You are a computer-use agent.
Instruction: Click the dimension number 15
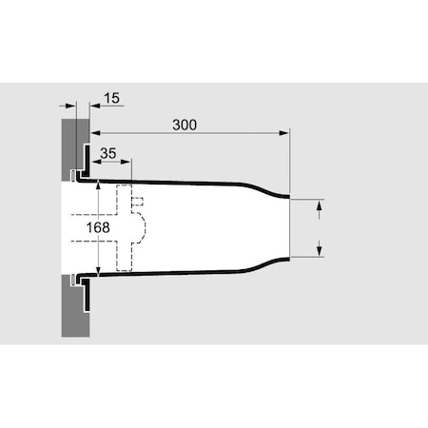111,98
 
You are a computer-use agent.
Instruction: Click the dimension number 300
185,125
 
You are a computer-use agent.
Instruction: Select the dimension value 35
108,153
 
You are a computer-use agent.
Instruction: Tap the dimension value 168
98,227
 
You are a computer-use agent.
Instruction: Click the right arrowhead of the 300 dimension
284,133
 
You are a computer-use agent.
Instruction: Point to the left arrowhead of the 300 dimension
96,133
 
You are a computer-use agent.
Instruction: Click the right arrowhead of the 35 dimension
126,162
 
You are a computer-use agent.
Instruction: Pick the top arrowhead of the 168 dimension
98,185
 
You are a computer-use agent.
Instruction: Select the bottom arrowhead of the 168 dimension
98,271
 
